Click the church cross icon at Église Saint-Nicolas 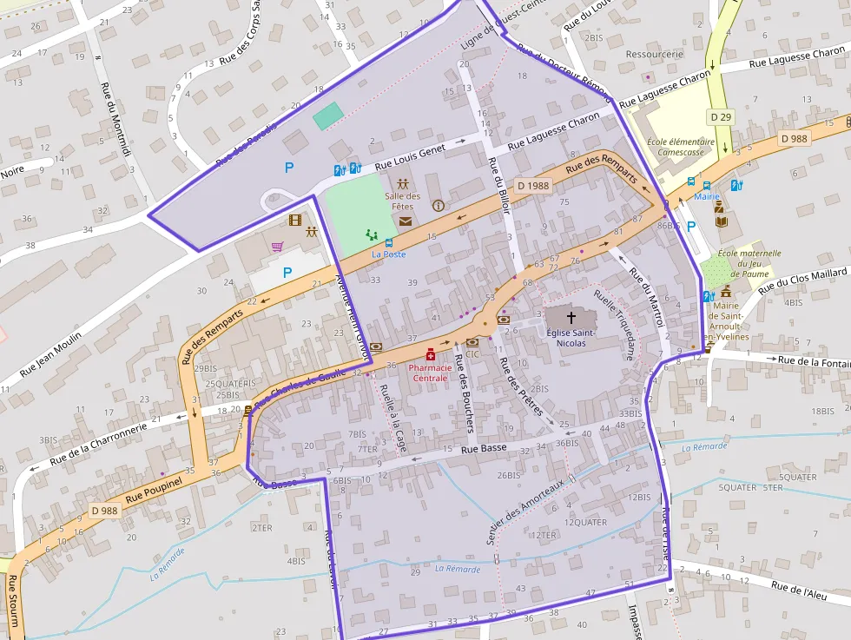tap(571, 318)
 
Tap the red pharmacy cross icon tap(430, 355)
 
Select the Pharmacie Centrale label tap(430, 373)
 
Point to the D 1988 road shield tap(533, 185)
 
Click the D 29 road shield tap(719, 115)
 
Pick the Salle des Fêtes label tap(403, 201)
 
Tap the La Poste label tap(389, 254)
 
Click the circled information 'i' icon tap(438, 206)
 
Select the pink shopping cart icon tap(277, 247)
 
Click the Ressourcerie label tap(654, 54)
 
